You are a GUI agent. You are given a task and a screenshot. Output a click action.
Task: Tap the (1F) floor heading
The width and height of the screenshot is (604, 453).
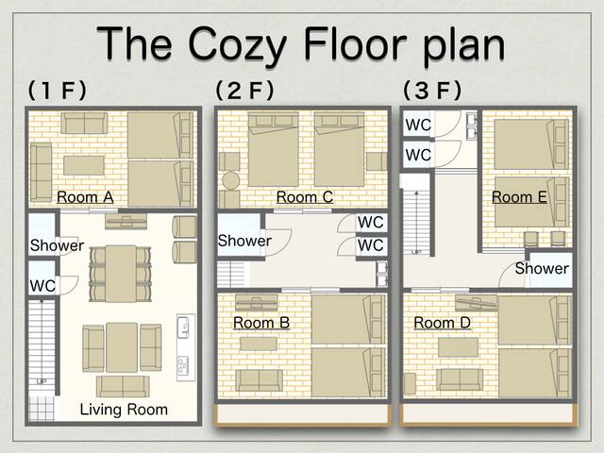(x=58, y=91)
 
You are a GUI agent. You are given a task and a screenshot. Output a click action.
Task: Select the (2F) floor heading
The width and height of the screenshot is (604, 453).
(x=244, y=91)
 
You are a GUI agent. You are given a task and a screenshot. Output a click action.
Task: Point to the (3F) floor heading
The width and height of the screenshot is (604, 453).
(x=432, y=91)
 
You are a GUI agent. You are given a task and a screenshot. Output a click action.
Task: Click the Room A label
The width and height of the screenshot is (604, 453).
(x=85, y=197)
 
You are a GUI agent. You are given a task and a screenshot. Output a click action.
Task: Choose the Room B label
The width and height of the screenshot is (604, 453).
(x=261, y=323)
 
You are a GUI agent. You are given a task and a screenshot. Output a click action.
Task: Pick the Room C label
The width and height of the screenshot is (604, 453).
(x=304, y=197)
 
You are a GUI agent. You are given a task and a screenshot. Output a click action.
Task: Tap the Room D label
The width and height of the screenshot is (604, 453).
(x=443, y=323)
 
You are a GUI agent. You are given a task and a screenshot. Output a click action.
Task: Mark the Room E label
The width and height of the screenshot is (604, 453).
(x=519, y=197)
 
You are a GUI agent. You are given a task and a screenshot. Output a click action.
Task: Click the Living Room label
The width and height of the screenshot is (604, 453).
(x=124, y=410)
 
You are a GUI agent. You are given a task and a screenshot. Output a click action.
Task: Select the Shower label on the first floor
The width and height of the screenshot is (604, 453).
(x=57, y=246)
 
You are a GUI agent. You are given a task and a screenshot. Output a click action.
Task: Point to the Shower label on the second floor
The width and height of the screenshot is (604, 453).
(x=244, y=241)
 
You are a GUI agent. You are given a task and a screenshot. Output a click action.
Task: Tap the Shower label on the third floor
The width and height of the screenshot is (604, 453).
(x=542, y=269)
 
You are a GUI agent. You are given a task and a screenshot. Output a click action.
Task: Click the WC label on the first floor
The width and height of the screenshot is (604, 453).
(x=42, y=285)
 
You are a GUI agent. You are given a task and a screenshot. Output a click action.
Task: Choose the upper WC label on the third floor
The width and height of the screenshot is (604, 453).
(x=418, y=126)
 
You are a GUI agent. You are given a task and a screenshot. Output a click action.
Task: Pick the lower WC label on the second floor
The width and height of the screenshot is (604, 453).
(x=371, y=245)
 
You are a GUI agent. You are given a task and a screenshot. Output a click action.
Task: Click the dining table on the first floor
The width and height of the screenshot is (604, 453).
(x=120, y=273)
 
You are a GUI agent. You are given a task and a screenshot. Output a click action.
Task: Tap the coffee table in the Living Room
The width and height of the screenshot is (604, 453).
(x=122, y=346)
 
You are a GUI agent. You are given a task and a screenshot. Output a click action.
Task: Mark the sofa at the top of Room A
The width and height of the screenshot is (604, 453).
(x=84, y=124)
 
